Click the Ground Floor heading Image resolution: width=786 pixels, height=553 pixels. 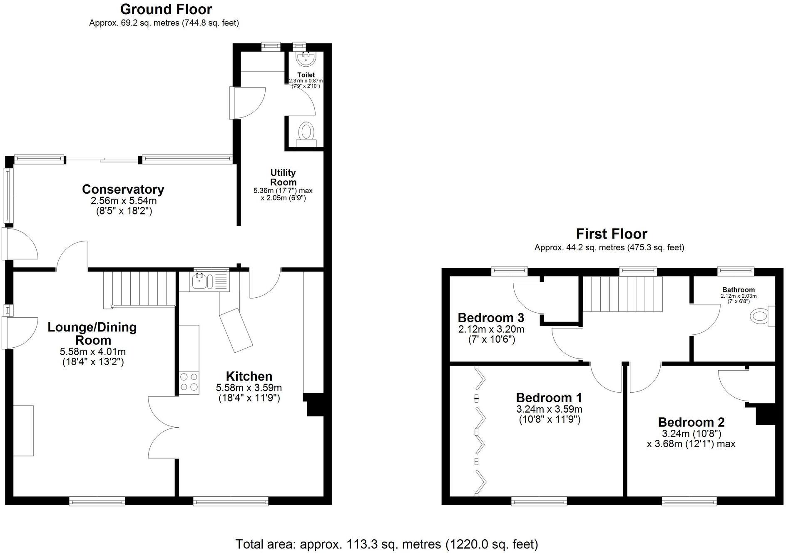(x=166, y=9)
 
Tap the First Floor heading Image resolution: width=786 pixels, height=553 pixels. (x=611, y=234)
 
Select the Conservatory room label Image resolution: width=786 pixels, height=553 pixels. (x=123, y=189)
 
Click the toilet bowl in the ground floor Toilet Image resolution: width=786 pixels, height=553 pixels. (x=306, y=132)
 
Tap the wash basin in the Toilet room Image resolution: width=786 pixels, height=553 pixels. (x=307, y=57)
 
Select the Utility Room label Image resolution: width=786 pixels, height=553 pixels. (x=283, y=177)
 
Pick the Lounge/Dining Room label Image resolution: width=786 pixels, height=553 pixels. (x=92, y=333)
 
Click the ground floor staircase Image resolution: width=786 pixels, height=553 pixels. (x=139, y=289)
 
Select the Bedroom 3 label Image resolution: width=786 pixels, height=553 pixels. (x=491, y=318)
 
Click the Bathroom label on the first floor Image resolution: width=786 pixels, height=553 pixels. (x=738, y=290)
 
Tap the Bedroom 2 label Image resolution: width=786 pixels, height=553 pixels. (x=691, y=422)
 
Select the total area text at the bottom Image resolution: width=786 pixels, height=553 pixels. (x=387, y=544)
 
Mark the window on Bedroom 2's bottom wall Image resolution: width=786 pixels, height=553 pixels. (x=689, y=503)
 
